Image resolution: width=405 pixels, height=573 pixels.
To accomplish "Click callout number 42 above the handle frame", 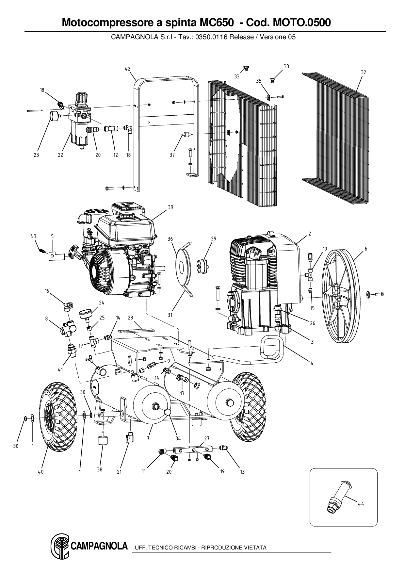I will point(127,69).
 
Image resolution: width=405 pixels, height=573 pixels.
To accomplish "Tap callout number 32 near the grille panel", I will point(364,73).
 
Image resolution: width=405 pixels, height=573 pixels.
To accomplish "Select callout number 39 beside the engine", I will point(170,207).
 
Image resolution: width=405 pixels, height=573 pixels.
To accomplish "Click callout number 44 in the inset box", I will point(361,504).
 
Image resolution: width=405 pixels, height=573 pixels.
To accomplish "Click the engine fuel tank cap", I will point(127,216).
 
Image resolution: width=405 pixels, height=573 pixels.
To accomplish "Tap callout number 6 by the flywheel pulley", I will point(366,249).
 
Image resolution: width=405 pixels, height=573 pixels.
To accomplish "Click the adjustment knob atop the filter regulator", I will point(81,97).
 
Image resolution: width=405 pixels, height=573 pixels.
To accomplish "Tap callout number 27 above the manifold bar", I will point(207,438).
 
